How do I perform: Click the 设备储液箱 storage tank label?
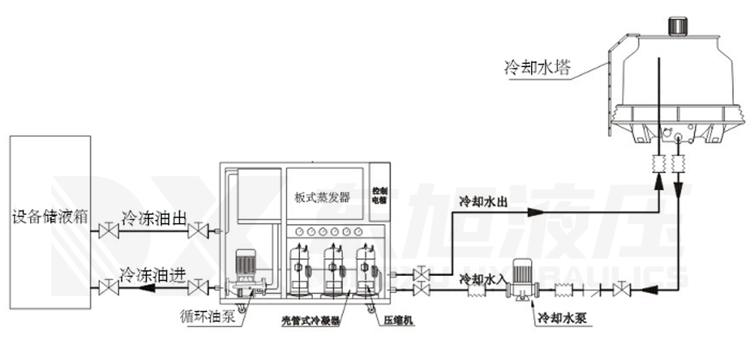(50, 218)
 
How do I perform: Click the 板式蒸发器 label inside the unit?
(321, 198)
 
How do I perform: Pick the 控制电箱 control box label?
(380, 195)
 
